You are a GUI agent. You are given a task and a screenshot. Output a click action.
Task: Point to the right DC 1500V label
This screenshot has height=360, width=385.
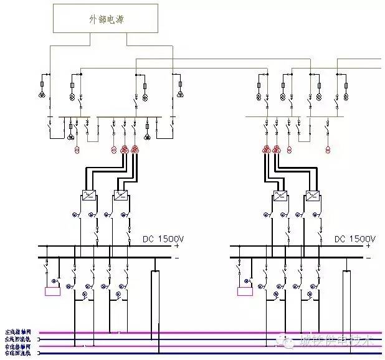(354, 238)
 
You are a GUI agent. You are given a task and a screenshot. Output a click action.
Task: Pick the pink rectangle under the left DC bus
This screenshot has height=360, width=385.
(52, 291)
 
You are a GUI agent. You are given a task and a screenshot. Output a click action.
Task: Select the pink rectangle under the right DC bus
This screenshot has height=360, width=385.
(245, 291)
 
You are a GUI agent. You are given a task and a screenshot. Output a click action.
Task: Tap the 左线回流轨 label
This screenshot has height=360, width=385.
(18, 339)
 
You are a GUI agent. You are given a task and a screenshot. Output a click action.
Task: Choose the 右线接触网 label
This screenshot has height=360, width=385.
(18, 346)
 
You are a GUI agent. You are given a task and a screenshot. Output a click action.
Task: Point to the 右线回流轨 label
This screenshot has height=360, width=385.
(18, 354)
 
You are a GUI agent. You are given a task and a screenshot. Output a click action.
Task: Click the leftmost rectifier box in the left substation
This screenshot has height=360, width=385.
(88, 196)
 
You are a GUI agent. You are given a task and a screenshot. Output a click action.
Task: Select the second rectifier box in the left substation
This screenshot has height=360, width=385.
(120, 196)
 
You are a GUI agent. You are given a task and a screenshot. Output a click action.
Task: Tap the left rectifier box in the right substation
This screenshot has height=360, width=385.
(280, 196)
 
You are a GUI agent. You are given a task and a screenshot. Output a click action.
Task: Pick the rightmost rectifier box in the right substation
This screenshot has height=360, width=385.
(312, 196)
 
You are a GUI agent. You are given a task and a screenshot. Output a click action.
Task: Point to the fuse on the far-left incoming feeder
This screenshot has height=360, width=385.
(42, 83)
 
